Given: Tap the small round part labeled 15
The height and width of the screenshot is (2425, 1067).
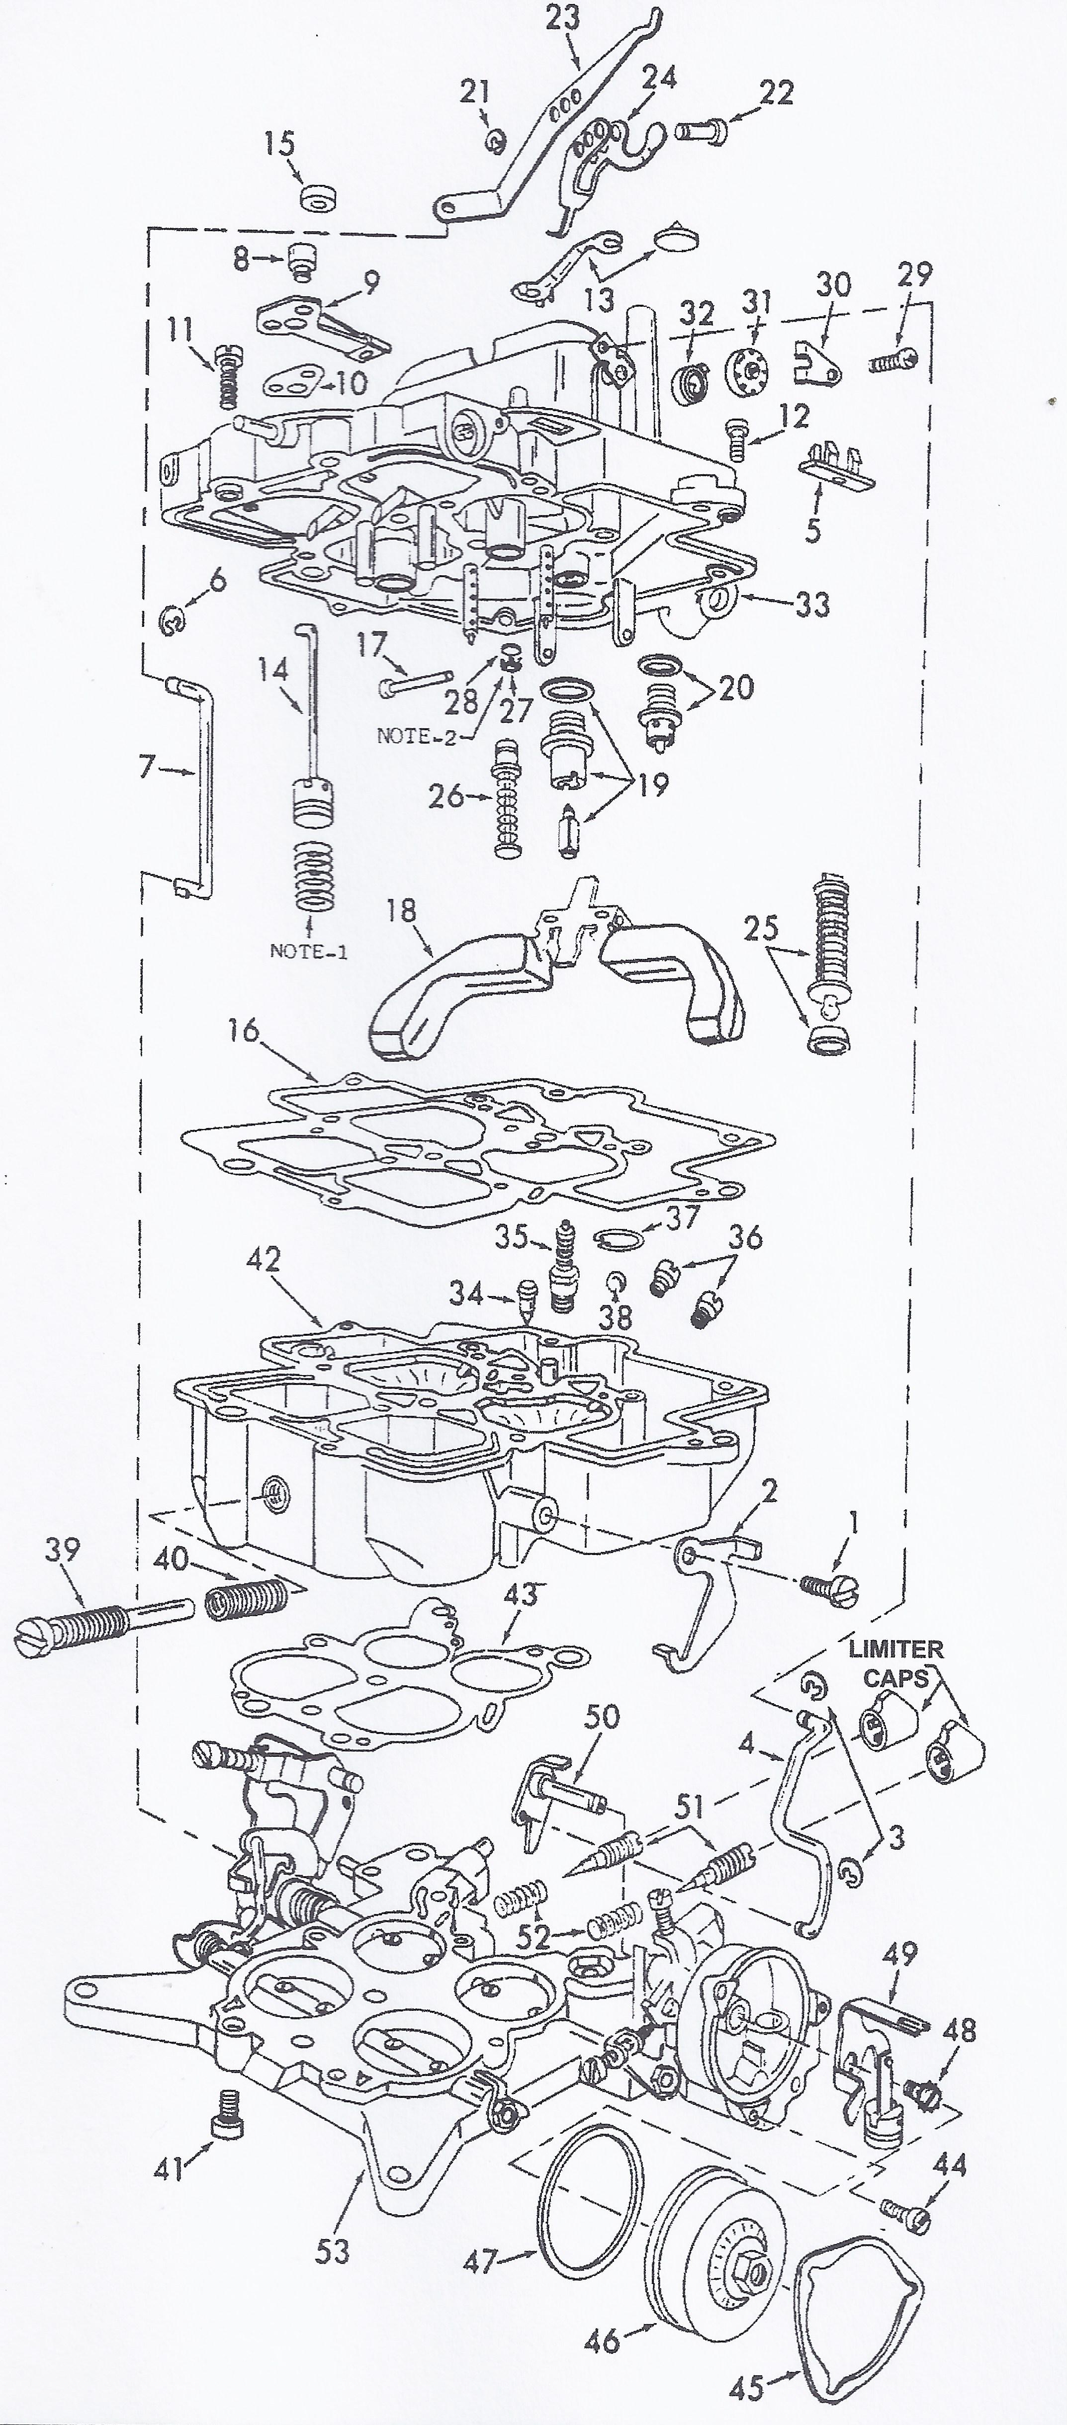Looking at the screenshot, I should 318,199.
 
